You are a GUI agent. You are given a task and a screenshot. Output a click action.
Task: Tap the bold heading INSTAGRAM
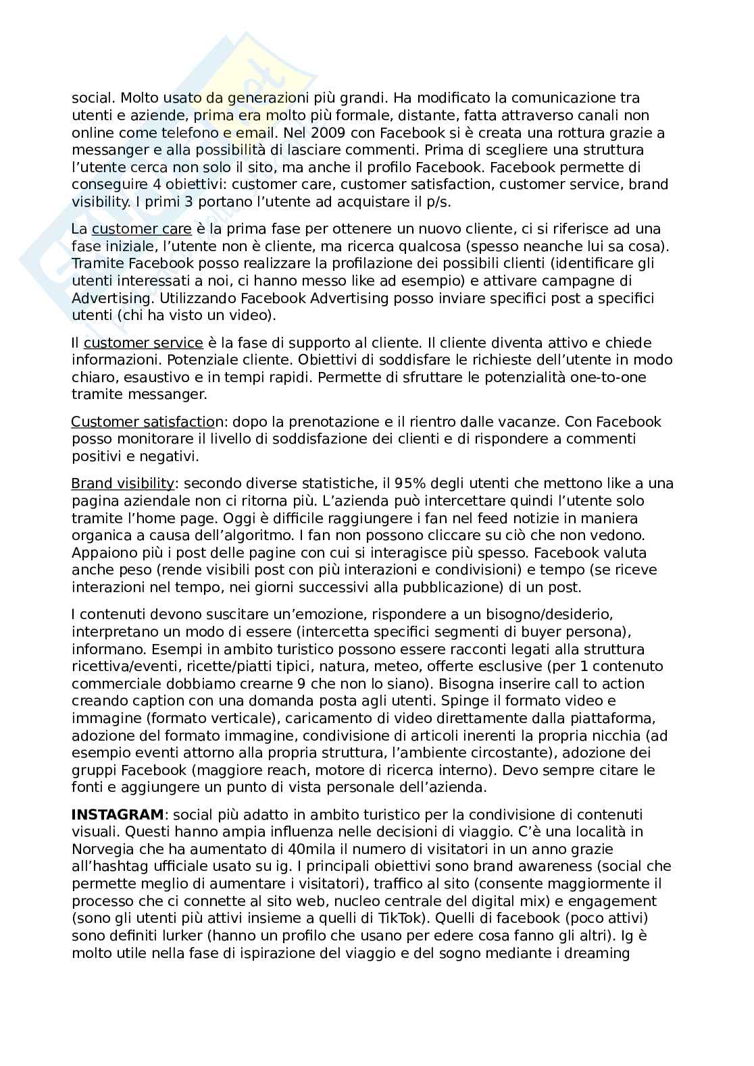[118, 814]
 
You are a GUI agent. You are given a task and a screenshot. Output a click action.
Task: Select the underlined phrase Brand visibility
[122, 483]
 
